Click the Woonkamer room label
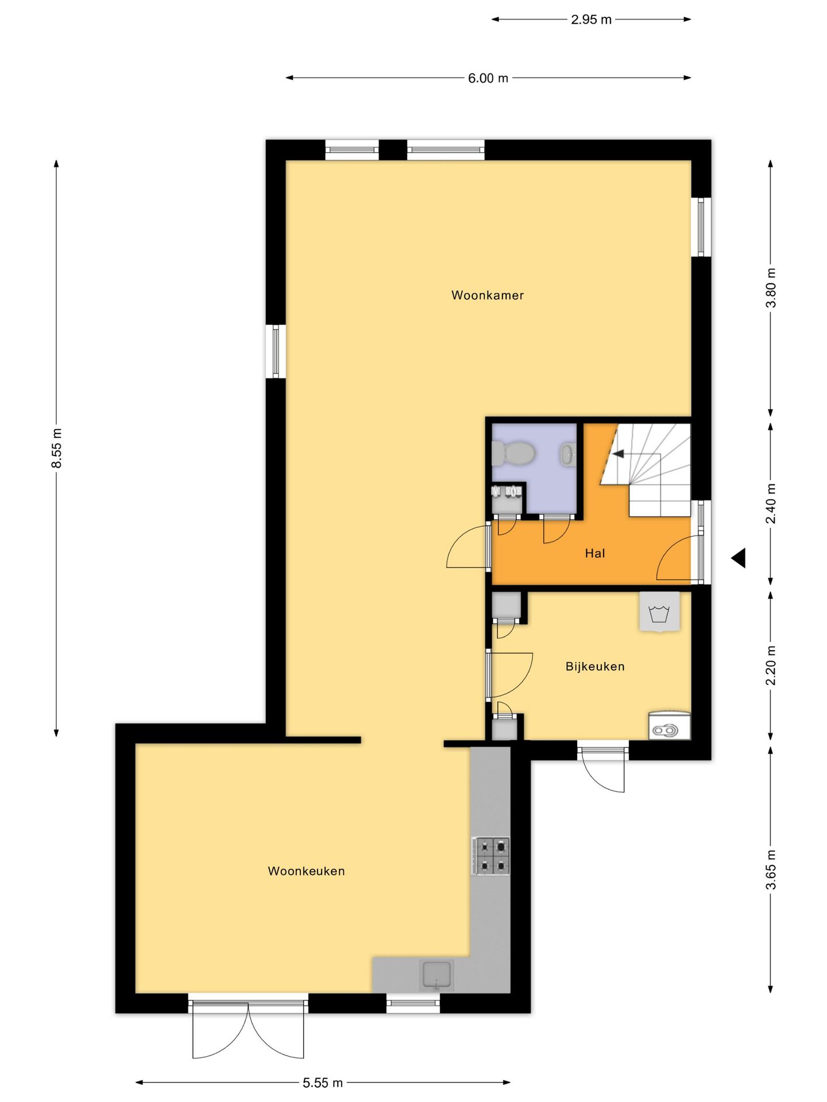click(x=487, y=295)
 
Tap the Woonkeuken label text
click(x=306, y=871)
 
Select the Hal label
click(x=594, y=553)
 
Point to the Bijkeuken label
click(x=594, y=666)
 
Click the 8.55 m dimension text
click(x=56, y=448)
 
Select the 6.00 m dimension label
click(x=488, y=78)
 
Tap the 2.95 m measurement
click(x=590, y=20)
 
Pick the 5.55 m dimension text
click(x=322, y=1082)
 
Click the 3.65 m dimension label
click(x=771, y=870)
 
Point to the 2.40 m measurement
click(x=771, y=503)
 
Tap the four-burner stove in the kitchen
click(x=491, y=856)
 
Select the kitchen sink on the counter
click(x=436, y=975)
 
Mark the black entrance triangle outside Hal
click(x=739, y=557)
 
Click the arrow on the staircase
click(x=619, y=454)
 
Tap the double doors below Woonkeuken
click(x=248, y=1030)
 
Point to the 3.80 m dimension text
click(x=771, y=288)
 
